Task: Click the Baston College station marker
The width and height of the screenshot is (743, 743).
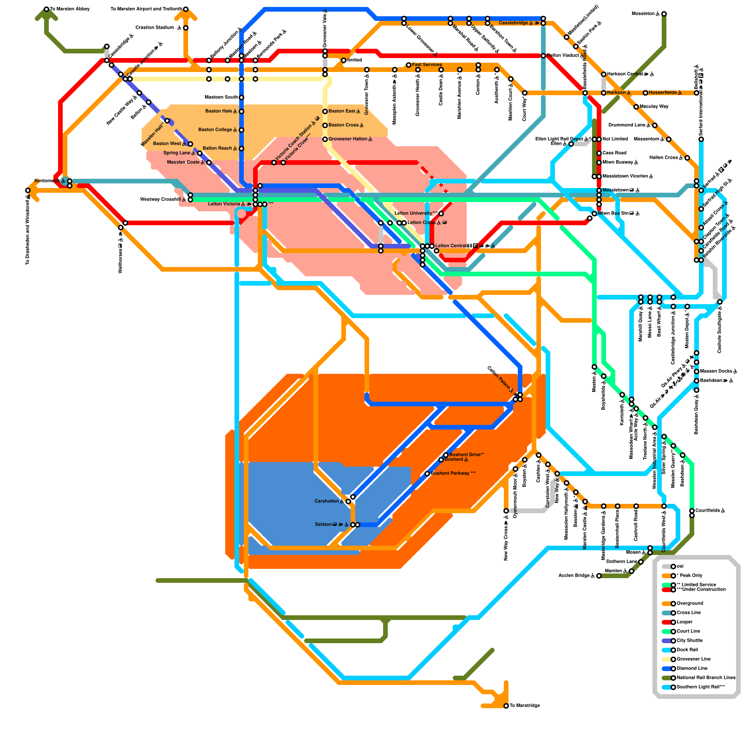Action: [241, 130]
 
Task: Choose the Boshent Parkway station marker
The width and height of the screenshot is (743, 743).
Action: [427, 474]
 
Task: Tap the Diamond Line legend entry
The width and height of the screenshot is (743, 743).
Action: [692, 669]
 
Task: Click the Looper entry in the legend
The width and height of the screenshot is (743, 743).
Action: [684, 622]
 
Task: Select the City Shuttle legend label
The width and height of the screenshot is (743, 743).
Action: [690, 641]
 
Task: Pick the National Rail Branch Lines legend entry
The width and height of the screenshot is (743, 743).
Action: [706, 678]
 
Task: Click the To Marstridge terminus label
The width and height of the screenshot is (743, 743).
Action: [525, 706]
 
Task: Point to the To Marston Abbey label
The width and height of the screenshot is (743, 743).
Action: [70, 9]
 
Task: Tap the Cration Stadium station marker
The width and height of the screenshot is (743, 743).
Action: [186, 28]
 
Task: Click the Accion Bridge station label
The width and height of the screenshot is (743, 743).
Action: [576, 576]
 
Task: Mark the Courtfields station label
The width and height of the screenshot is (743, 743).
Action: [710, 511]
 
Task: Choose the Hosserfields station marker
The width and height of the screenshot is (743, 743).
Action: [645, 93]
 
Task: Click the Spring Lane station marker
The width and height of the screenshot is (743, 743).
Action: [200, 153]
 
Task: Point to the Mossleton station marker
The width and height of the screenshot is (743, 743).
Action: [664, 14]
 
